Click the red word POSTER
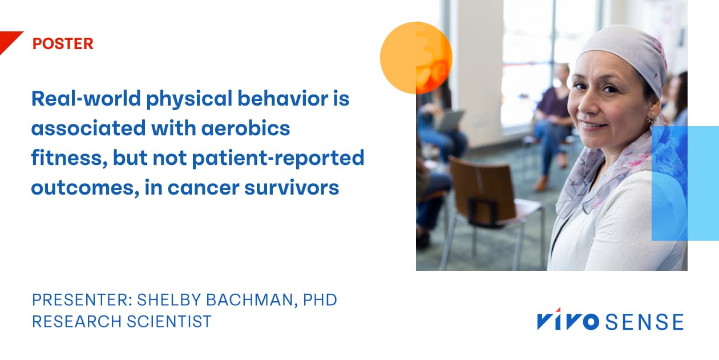pyautogui.click(x=63, y=44)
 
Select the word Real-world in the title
pyautogui.click(x=86, y=99)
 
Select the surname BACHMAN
pyautogui.click(x=248, y=300)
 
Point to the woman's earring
pyautogui.click(x=652, y=120)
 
